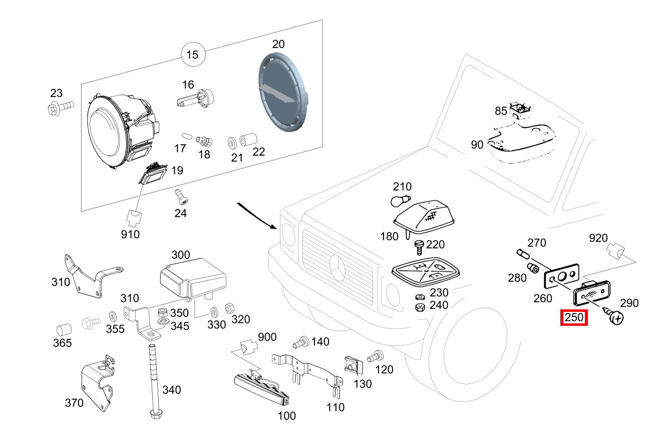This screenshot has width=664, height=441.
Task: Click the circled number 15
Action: point(192,55)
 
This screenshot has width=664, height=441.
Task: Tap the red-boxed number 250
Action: point(574,317)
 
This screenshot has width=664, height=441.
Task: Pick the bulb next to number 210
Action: point(399,203)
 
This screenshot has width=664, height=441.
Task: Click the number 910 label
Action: point(130,234)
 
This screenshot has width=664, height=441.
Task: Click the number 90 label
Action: point(477,145)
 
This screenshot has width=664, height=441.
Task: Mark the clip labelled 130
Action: point(352,365)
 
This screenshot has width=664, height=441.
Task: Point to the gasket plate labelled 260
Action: point(562,276)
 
